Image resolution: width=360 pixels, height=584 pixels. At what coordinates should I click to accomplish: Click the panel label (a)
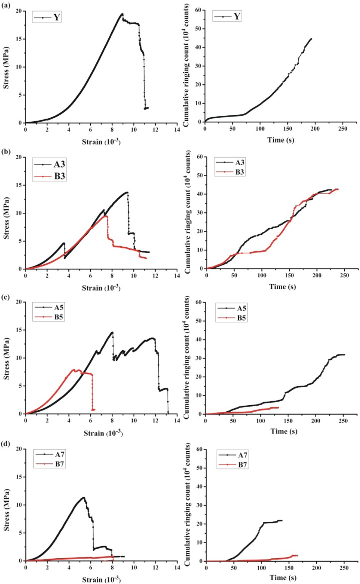coord(6,5)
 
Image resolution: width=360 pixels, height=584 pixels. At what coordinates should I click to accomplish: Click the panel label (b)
coord(6,152)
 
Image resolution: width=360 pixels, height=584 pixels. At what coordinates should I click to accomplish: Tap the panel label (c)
coord(6,297)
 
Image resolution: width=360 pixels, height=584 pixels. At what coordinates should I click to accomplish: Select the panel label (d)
coord(6,444)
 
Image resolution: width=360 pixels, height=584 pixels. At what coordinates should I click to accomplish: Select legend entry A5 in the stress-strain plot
coord(59,307)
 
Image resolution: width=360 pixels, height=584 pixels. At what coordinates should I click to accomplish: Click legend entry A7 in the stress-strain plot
coord(60,455)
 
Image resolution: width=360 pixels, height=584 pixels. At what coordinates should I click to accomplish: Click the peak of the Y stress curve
coord(122,14)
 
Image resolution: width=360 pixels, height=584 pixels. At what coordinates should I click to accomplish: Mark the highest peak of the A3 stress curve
coord(127,192)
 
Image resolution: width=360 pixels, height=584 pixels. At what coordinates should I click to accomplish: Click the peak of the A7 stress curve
coord(84,497)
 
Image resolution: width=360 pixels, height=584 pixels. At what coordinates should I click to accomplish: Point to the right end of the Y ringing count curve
coord(311,38)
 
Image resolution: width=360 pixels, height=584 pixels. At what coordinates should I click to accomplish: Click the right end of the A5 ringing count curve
coord(344,355)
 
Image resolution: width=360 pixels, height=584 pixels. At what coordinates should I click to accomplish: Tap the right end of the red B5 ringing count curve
coord(278,407)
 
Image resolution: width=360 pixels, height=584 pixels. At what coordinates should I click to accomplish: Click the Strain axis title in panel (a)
coord(101,142)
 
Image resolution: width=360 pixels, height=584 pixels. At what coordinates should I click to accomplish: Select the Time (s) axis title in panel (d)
coord(283,578)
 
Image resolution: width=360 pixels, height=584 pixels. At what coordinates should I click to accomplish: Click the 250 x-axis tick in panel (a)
coord(342,129)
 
